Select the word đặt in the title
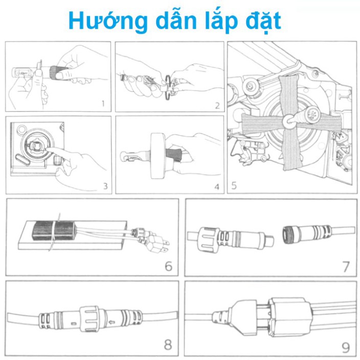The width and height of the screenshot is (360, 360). click(x=265, y=21)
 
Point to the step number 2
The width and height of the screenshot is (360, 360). click(x=217, y=106)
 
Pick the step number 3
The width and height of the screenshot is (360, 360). click(x=105, y=186)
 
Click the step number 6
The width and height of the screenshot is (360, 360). click(x=168, y=267)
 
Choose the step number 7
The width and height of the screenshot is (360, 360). click(x=346, y=267)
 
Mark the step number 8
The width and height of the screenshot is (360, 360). click(x=168, y=345)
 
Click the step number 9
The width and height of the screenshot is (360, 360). click(x=346, y=348)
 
